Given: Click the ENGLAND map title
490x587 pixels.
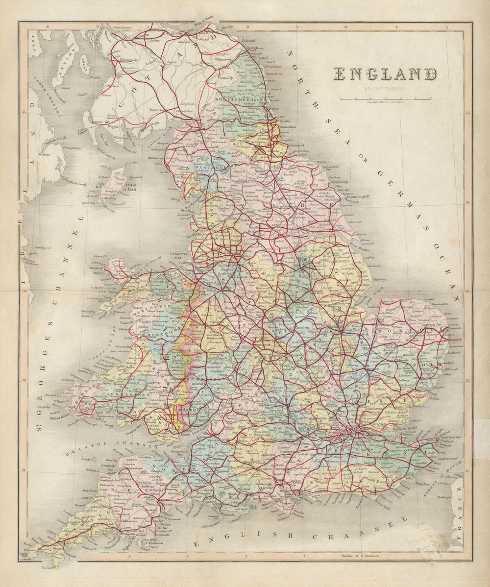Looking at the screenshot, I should (385, 74).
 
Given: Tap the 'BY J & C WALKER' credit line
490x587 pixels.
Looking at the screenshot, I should (385, 89).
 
